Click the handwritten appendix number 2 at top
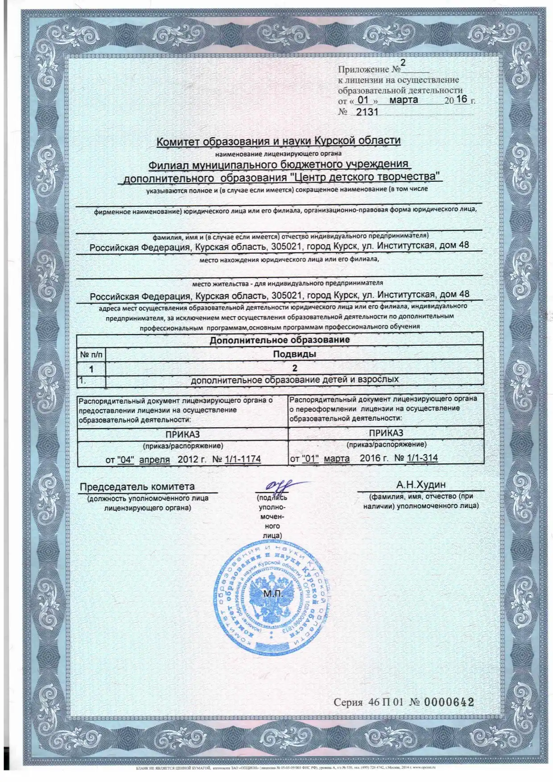[403, 63]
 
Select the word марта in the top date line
[404, 100]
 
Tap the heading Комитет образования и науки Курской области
[278, 141]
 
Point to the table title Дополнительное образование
[280, 340]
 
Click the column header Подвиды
[294, 354]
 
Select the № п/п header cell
[91, 355]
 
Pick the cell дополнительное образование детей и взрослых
[294, 380]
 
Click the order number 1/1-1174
[243, 459]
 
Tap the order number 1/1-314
[422, 458]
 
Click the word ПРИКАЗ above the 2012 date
[182, 434]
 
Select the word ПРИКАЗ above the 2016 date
[386, 433]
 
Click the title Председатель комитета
[137, 487]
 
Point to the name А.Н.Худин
[421, 484]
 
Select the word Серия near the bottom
[348, 703]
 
